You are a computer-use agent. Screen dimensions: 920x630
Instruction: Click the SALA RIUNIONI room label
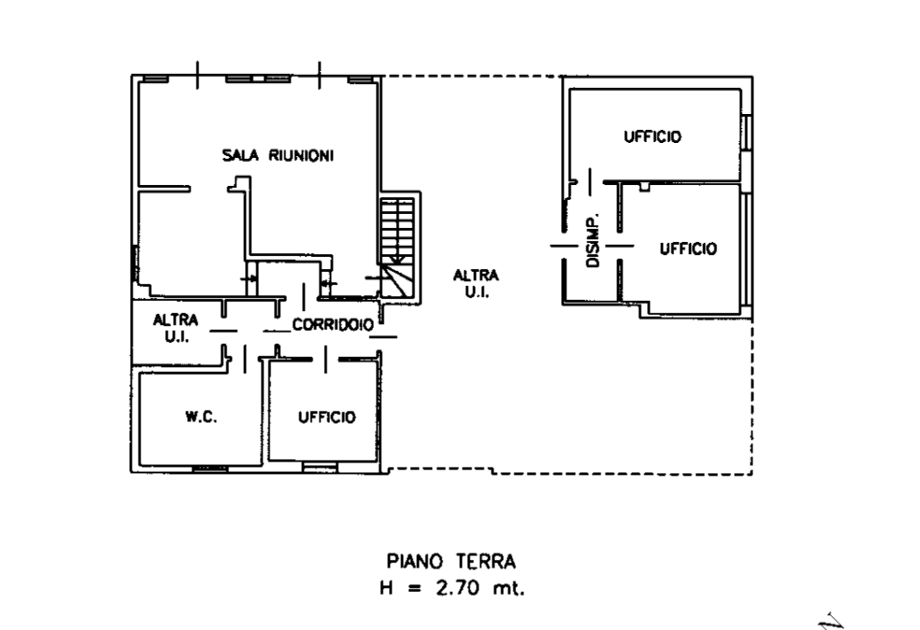click(278, 155)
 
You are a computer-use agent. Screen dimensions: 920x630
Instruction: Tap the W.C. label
click(201, 417)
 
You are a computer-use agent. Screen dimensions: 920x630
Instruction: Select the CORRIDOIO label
click(333, 324)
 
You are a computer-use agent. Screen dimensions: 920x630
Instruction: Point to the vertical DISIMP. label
click(593, 240)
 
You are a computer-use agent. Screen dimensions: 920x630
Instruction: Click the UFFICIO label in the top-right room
click(653, 136)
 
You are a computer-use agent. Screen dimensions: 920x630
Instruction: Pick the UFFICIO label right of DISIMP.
click(688, 249)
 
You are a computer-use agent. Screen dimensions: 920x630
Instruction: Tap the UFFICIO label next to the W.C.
click(327, 417)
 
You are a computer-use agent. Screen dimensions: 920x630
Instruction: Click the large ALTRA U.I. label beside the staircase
click(476, 283)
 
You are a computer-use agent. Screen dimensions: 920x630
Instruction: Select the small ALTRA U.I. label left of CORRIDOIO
click(176, 328)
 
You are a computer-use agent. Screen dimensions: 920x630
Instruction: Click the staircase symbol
click(397, 248)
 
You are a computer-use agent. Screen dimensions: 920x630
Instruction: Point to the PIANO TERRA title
click(452, 562)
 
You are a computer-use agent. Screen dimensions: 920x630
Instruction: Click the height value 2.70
click(457, 588)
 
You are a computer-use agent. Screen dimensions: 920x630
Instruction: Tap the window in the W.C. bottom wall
click(210, 468)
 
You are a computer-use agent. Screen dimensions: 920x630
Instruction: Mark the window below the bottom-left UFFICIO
click(320, 467)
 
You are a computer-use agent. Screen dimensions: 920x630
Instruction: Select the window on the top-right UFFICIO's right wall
click(747, 133)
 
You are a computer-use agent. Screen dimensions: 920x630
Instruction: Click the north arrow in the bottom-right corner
click(832, 622)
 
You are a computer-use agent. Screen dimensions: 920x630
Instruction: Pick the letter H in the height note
click(386, 588)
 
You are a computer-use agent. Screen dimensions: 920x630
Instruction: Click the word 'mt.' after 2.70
click(508, 588)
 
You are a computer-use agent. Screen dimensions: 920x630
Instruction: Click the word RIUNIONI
click(301, 155)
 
